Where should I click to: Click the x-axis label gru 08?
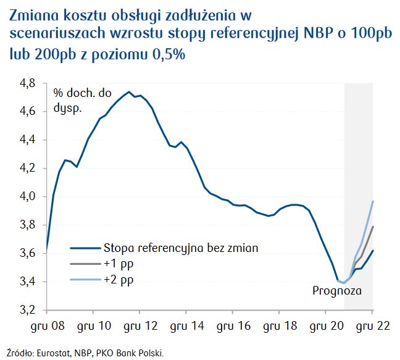point(48,324)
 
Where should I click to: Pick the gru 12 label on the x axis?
point(140,324)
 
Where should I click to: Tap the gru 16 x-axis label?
point(233,324)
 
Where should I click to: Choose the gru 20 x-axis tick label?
point(325,324)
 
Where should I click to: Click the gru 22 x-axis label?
point(372,324)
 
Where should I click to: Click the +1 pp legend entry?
point(118,264)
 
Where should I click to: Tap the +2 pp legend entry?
point(118,279)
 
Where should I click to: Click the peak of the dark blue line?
point(129,92)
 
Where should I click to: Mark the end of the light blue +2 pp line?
point(372,201)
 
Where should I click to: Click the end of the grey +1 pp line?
point(372,227)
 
